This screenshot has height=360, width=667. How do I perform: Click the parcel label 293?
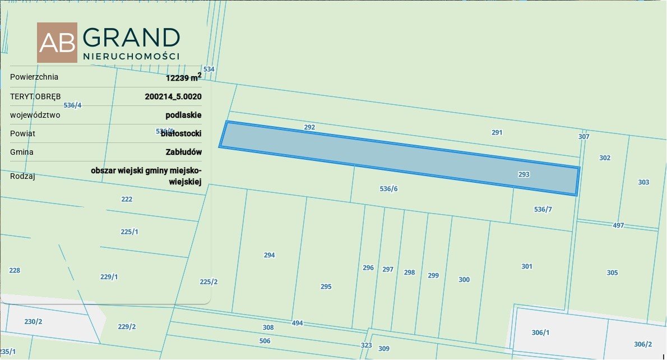tap(524, 174)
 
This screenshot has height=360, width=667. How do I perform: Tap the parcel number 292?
tap(309, 127)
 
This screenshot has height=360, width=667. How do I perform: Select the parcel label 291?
tap(497, 133)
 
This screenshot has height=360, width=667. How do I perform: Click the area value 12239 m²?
tap(183, 78)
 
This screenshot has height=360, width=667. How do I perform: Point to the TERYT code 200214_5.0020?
tap(173, 96)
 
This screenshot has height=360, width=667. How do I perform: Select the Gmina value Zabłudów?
tap(184, 152)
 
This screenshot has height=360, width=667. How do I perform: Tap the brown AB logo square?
tap(57, 43)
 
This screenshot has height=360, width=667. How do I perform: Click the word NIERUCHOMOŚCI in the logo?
tap(131, 57)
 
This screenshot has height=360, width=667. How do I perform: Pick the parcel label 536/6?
tap(388, 189)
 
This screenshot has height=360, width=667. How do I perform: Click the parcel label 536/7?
tap(543, 209)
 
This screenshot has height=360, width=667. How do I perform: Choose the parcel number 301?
tap(527, 266)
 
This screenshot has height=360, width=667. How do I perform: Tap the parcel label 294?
tap(269, 255)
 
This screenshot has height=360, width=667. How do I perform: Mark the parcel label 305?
tap(612, 273)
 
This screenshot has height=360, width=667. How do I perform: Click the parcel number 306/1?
tap(540, 333)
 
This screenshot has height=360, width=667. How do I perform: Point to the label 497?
tap(618, 225)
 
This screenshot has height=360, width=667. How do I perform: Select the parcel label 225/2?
tap(209, 282)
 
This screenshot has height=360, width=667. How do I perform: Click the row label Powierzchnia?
tap(34, 77)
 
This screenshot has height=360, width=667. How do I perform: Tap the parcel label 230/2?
tap(33, 322)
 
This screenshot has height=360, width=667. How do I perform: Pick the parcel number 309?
tap(383, 349)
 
